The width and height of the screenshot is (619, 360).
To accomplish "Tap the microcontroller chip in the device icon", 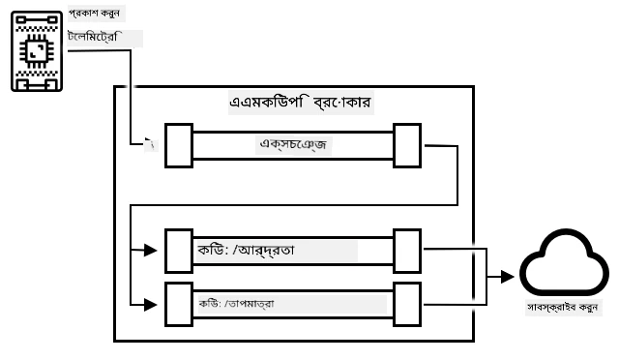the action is pyautogui.click(x=37, y=51).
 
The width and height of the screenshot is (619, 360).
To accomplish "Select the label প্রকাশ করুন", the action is pyautogui.click(x=94, y=14).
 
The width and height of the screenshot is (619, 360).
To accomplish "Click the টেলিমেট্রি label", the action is pyautogui.click(x=93, y=37).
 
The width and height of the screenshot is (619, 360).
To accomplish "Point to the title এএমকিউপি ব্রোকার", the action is pyautogui.click(x=300, y=103).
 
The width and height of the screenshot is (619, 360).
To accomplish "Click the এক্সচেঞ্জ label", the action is pyautogui.click(x=293, y=144).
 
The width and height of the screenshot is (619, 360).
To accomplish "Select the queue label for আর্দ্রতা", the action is pyautogui.click(x=246, y=250).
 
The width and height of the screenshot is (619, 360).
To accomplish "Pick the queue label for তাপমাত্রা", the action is pyautogui.click(x=236, y=304).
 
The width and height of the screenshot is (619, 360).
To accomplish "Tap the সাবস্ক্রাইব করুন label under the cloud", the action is pyautogui.click(x=563, y=307).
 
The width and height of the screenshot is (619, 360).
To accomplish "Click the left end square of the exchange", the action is pyautogui.click(x=179, y=145).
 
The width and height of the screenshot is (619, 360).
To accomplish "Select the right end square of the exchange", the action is pyautogui.click(x=407, y=145).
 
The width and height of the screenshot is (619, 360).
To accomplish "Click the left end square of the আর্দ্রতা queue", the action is pyautogui.click(x=179, y=251).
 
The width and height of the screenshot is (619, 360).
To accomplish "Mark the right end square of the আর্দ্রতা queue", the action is pyautogui.click(x=407, y=251).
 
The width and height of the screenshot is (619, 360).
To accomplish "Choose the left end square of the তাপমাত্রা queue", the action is pyautogui.click(x=179, y=304).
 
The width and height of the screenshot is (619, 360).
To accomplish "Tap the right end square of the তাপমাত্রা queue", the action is pyautogui.click(x=407, y=304).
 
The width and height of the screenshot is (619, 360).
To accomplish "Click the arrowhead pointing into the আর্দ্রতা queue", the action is pyautogui.click(x=151, y=250).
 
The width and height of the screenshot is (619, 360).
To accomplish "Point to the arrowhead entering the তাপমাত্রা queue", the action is pyautogui.click(x=151, y=305).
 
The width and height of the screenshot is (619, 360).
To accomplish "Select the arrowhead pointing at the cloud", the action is pyautogui.click(x=507, y=277).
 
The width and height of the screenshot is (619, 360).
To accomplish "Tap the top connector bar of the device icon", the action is pyautogui.click(x=37, y=19).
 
